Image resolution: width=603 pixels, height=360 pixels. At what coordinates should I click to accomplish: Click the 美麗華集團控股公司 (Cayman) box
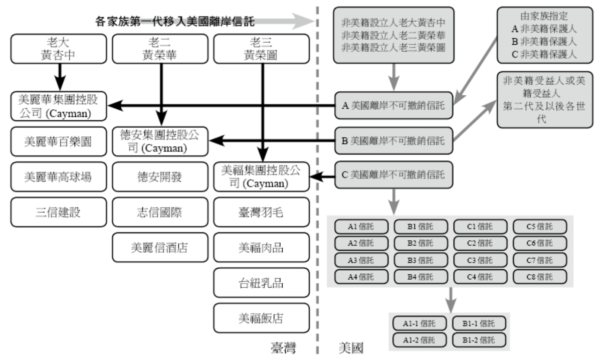(x=59, y=106)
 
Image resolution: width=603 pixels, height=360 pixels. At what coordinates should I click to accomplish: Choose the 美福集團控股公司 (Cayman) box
(x=262, y=176)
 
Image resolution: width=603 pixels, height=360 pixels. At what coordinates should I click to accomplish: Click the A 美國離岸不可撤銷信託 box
(x=394, y=106)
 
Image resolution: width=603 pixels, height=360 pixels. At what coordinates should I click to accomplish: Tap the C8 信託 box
(x=539, y=276)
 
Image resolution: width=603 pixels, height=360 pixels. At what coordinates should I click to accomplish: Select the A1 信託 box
(x=361, y=226)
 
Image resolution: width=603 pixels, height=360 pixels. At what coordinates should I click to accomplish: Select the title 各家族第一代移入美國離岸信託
(x=175, y=22)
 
